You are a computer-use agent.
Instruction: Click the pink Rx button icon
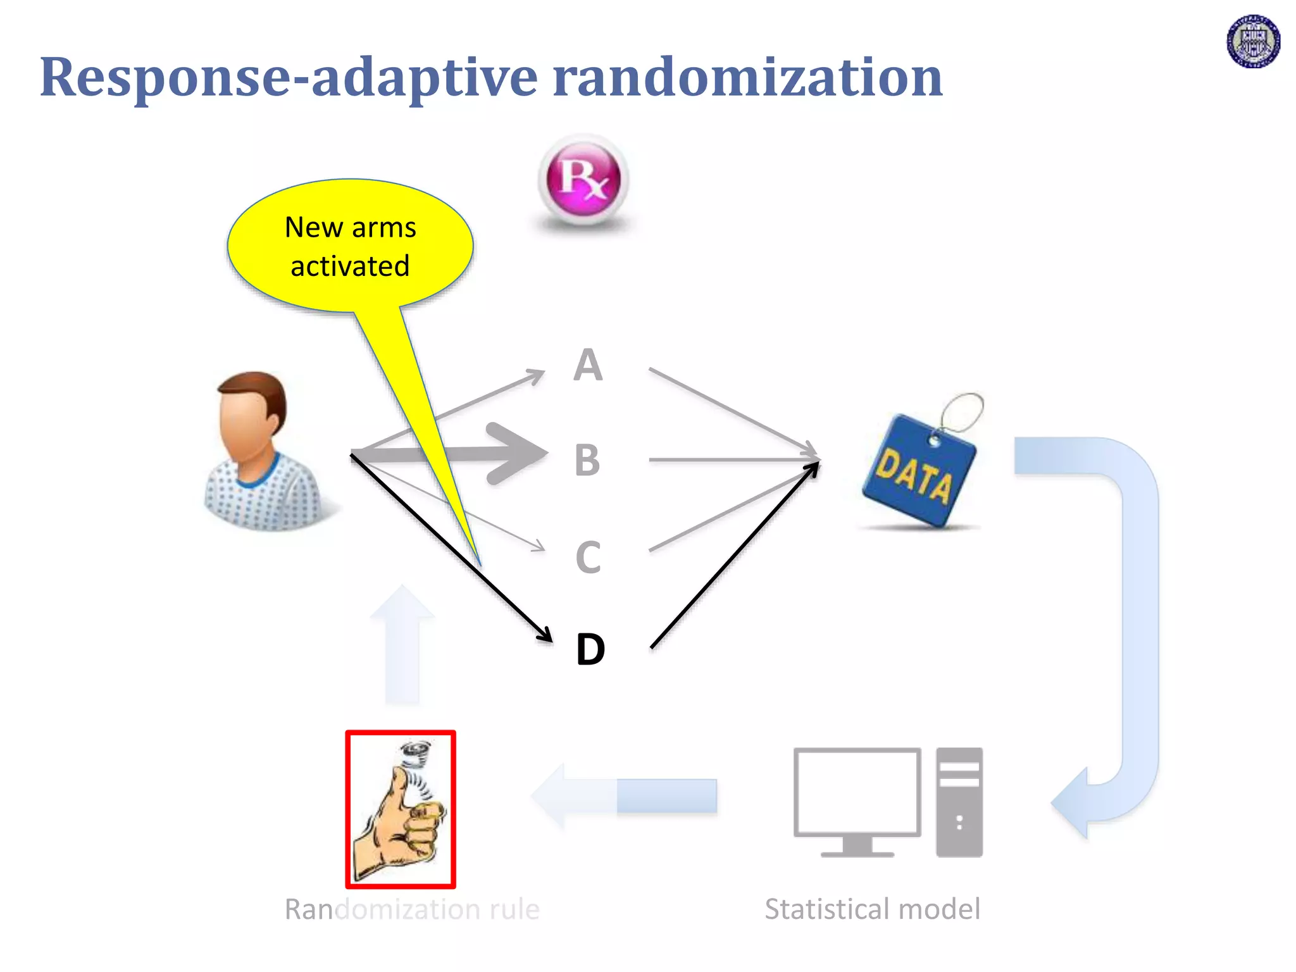pos(583,179)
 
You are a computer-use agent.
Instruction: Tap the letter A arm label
pos(588,365)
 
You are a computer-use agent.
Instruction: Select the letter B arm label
pos(587,460)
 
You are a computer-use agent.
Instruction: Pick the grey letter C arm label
pos(588,558)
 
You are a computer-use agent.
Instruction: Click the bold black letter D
pos(590,649)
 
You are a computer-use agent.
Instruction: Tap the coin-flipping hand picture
pos(400,809)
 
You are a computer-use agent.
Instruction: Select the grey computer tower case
pos(959,802)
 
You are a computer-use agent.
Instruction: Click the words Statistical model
pos(872,909)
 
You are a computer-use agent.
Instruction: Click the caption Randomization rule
pos(412,909)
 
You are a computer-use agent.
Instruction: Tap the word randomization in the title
pos(747,77)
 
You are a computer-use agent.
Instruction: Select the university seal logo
pos(1253,42)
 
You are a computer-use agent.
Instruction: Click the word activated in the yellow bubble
pos(350,266)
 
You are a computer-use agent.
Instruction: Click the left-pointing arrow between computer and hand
pos(623,795)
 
